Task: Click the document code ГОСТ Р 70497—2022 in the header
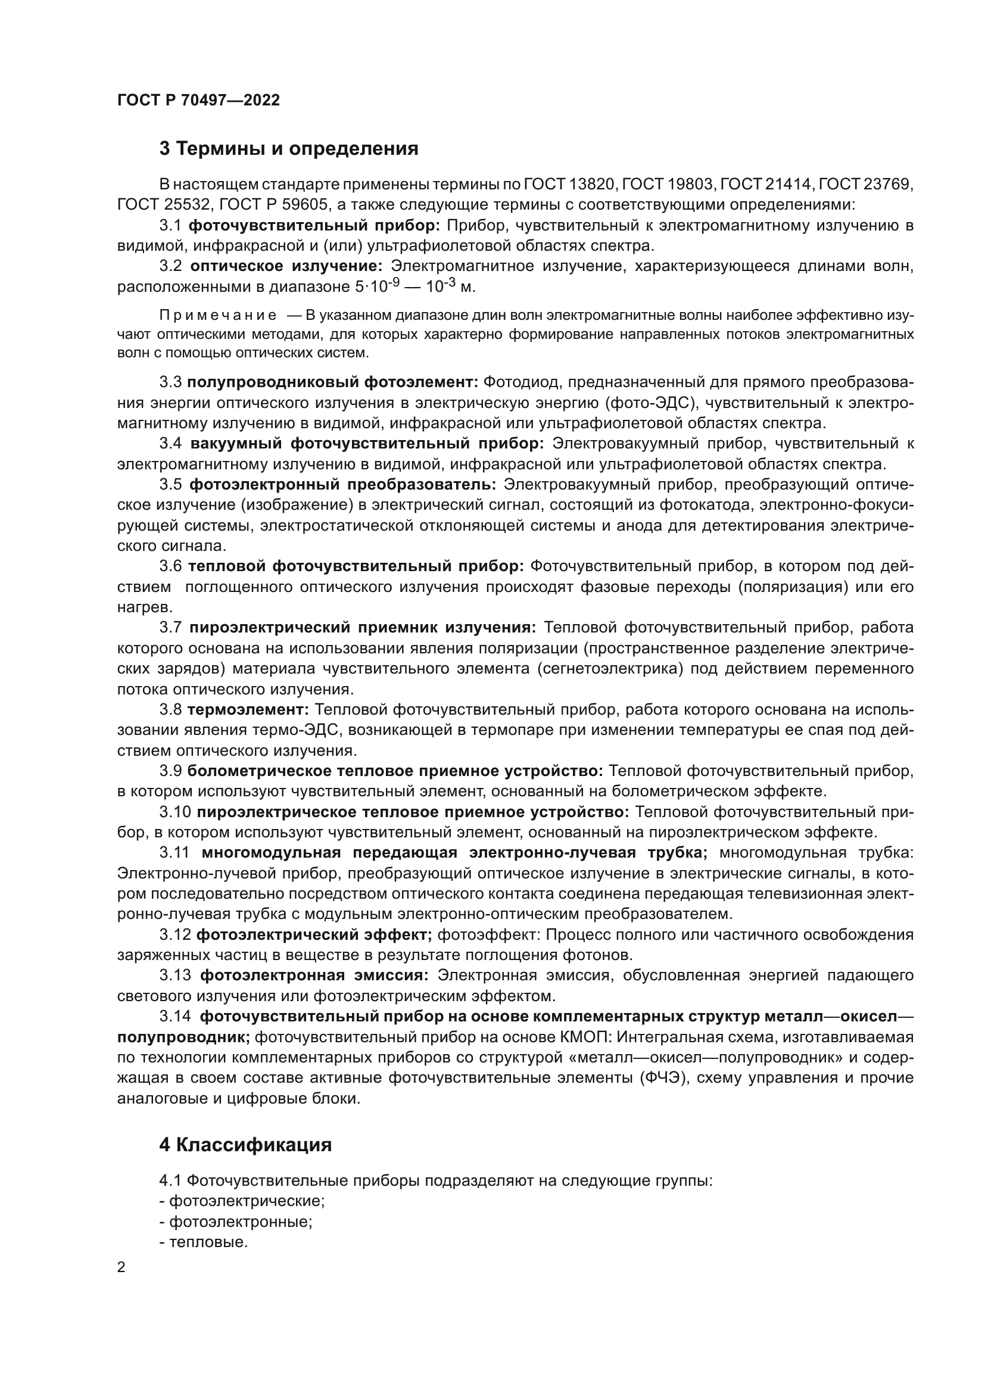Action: click(x=198, y=101)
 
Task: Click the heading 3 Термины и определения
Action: click(x=289, y=149)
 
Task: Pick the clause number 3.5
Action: click(x=170, y=485)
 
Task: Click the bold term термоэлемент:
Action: click(x=249, y=710)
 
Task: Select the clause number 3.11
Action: click(x=175, y=853)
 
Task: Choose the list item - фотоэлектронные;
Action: click(x=235, y=1222)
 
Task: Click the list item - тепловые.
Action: click(x=203, y=1242)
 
